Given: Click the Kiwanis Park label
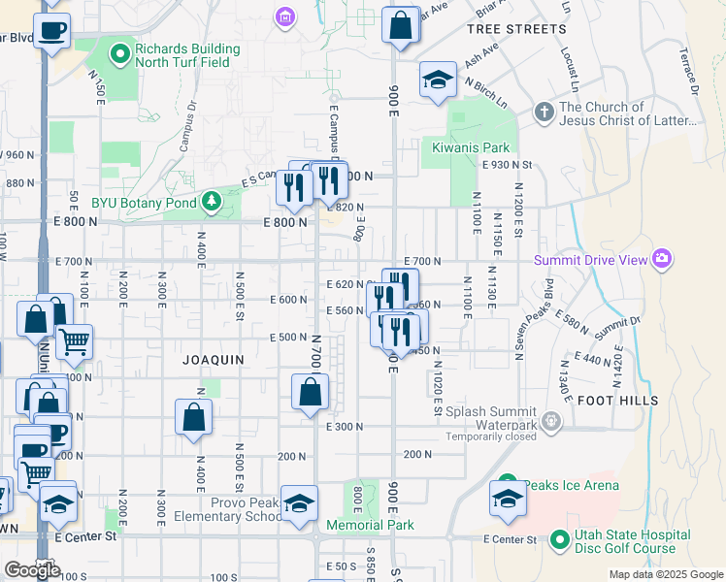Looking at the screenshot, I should (471, 147).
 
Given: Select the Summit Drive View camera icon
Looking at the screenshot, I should (662, 259).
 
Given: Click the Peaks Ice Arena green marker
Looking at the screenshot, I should (508, 485).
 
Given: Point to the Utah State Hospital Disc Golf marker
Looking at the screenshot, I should (558, 538).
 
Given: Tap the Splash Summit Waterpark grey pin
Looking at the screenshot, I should (552, 420).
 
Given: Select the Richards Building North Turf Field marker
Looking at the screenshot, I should (120, 54).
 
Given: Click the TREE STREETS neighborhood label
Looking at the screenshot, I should (516, 29).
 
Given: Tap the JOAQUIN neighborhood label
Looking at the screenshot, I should (214, 359).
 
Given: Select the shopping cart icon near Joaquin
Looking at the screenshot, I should (75, 340).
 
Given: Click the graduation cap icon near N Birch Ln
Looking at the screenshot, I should (439, 81).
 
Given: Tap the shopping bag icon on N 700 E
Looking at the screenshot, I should (310, 393).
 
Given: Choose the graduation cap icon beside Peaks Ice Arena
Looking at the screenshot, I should (508, 498).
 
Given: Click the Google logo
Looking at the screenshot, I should (32, 569).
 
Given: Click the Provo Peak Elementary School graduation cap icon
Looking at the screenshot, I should (300, 502).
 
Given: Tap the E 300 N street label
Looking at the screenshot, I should (345, 427).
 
